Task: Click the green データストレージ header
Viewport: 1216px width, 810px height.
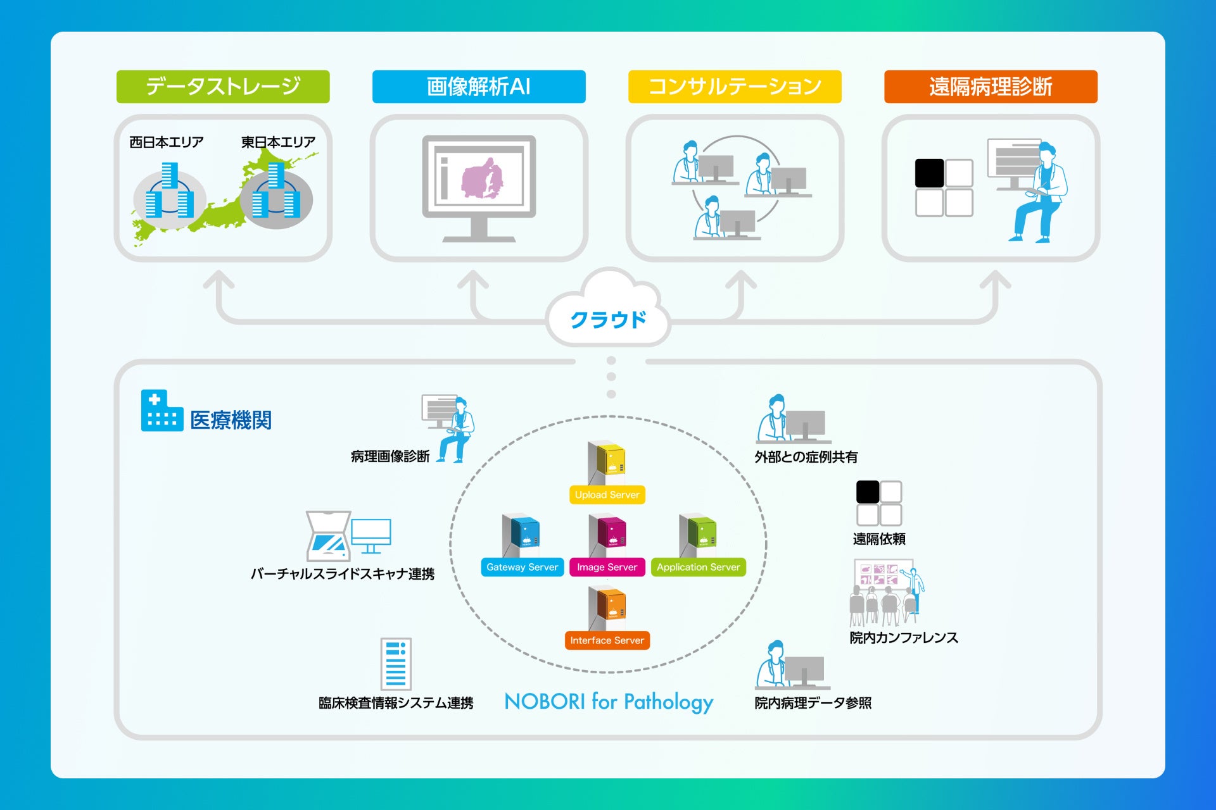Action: tap(223, 87)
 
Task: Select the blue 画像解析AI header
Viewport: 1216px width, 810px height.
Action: tap(479, 87)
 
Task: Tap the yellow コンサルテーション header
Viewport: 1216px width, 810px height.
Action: tap(735, 87)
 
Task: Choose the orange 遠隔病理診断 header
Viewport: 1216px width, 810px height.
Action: tap(991, 87)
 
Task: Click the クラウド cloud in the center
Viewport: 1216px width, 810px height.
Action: tap(608, 310)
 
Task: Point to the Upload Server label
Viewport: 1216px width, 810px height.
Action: tap(607, 495)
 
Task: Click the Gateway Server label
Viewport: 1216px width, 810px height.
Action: tap(522, 567)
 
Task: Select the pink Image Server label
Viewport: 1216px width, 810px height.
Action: tap(607, 567)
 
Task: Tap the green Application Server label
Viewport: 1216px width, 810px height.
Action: tap(699, 567)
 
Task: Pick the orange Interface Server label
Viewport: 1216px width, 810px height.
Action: tap(607, 640)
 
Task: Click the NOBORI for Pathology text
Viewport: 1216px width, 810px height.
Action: tap(609, 702)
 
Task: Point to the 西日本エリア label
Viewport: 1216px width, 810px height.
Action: tap(167, 142)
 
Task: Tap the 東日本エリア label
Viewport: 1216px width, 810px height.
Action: tap(278, 142)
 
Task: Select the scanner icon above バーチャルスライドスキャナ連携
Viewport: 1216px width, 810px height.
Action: tap(328, 536)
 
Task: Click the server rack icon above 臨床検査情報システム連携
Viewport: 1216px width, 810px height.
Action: tap(396, 664)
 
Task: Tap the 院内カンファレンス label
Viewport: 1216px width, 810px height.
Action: tap(904, 638)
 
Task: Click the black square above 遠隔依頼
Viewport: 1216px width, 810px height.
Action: tap(868, 492)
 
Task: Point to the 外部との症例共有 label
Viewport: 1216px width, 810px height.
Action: tap(806, 457)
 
